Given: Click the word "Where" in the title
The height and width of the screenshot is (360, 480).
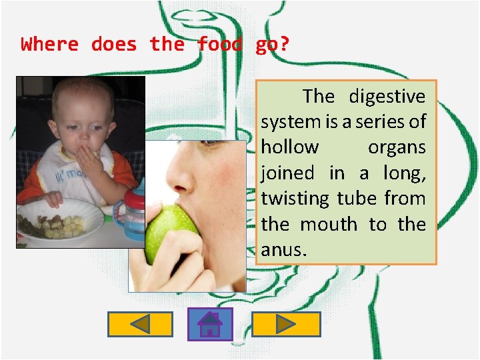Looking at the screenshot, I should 50,45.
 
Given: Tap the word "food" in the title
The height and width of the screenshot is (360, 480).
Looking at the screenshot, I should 219,45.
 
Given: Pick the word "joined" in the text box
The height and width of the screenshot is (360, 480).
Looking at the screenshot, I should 287,173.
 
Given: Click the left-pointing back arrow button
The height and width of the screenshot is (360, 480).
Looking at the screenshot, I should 140,324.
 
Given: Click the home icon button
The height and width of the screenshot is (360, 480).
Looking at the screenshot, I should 210,324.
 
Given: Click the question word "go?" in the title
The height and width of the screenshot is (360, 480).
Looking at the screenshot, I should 272,45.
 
